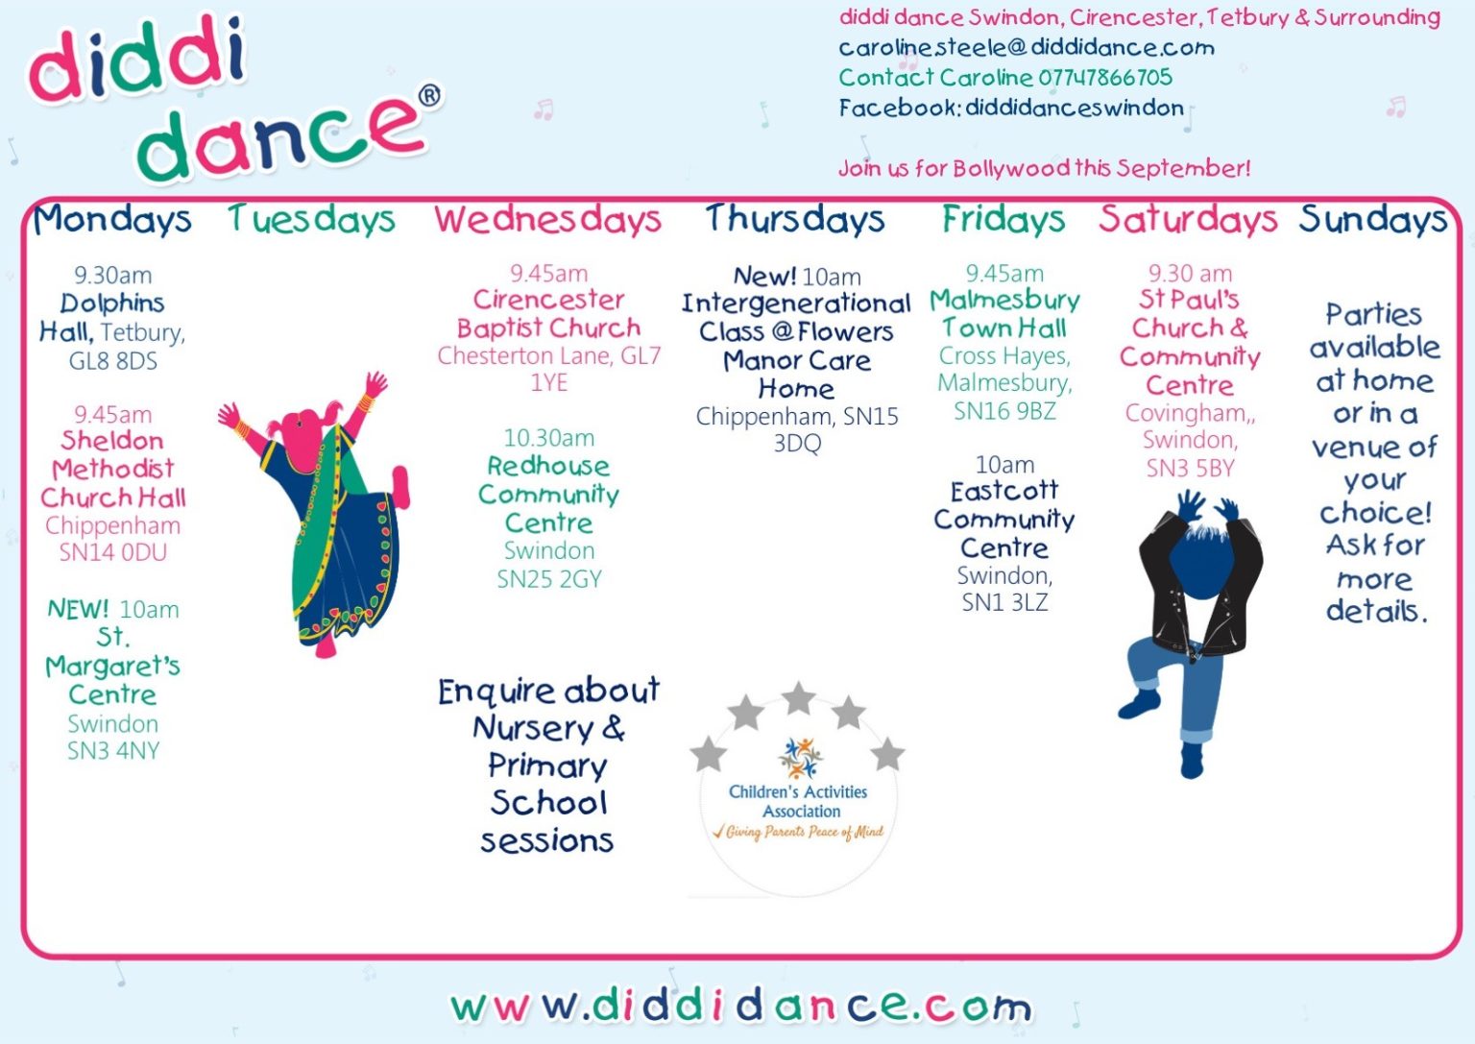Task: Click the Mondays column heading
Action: (112, 220)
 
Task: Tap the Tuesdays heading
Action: (311, 220)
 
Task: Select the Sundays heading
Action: (1372, 220)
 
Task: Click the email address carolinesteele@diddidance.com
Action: (1027, 47)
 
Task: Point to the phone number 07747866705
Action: (1105, 77)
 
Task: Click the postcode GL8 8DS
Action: (113, 361)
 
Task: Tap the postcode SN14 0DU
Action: (113, 552)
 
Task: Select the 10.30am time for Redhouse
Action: (548, 438)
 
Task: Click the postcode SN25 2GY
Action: (549, 579)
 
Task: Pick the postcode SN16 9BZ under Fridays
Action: (1004, 411)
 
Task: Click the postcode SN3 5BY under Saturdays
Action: (1190, 469)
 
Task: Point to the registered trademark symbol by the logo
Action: (429, 96)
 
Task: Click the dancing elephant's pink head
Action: (304, 427)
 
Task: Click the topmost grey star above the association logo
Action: (799, 698)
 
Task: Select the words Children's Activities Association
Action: (799, 801)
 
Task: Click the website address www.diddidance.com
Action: (740, 1007)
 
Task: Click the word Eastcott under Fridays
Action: (1004, 492)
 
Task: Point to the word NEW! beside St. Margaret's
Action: (78, 609)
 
